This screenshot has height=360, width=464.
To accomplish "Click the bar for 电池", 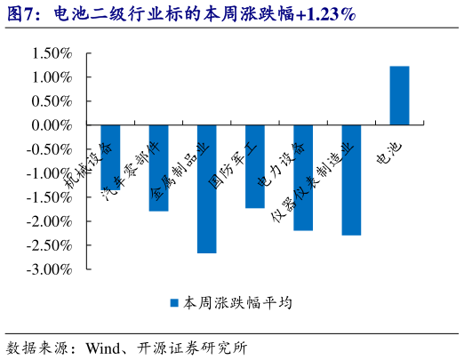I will click(x=399, y=96).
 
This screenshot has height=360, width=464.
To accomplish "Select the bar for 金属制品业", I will click(x=206, y=188).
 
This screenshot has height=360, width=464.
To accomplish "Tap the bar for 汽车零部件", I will click(x=158, y=168).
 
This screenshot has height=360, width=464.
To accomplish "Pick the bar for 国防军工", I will click(x=255, y=166).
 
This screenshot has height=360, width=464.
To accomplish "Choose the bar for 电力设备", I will click(x=303, y=178).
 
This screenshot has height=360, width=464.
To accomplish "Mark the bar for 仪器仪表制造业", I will click(x=351, y=180).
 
